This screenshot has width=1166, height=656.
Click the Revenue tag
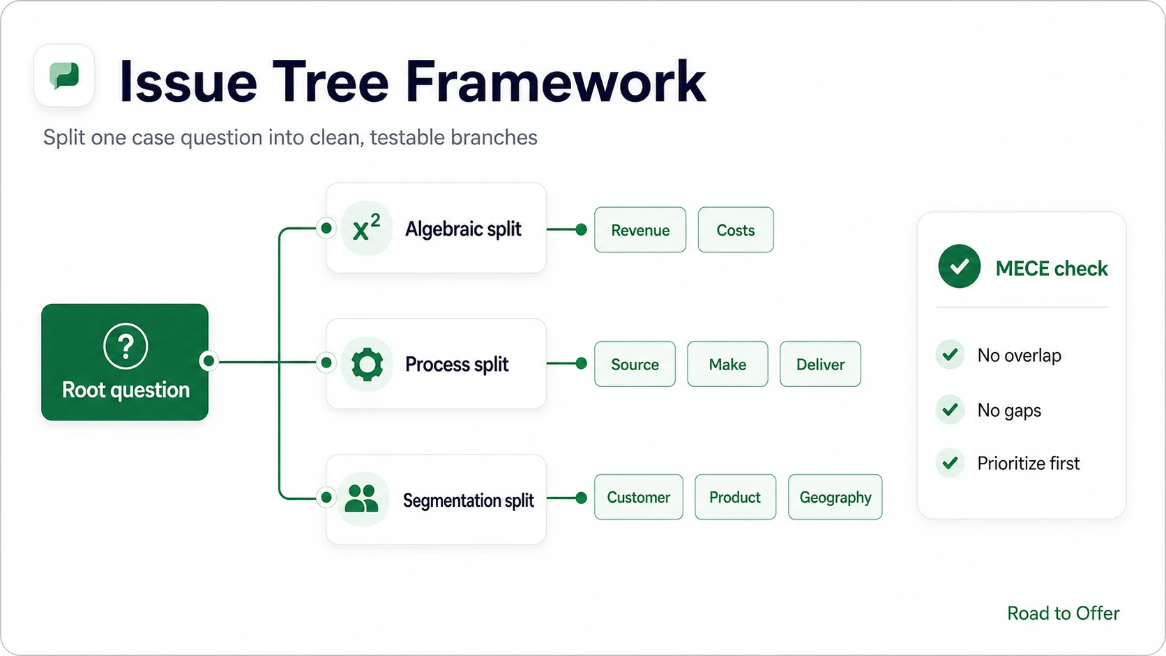point(639,230)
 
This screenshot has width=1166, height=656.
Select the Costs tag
point(736,230)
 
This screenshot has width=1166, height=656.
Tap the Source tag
point(635,364)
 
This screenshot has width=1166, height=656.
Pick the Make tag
point(727,364)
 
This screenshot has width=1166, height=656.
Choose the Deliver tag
point(820,364)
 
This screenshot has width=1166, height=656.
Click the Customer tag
point(638,497)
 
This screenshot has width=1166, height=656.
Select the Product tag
point(735,497)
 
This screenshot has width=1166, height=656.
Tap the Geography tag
point(835,497)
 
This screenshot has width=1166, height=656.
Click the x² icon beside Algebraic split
point(366,229)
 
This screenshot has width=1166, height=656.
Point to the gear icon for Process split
point(367,364)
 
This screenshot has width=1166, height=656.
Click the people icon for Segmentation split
point(362,499)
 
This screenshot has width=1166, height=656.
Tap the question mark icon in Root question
point(126,346)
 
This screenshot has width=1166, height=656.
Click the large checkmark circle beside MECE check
point(960,266)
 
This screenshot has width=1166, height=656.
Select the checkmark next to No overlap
point(950,355)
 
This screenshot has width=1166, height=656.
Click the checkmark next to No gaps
point(950,410)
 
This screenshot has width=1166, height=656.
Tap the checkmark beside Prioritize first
point(950,463)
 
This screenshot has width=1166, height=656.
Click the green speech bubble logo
point(64,75)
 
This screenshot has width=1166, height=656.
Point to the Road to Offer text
point(1063,613)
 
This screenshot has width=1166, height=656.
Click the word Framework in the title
point(555,82)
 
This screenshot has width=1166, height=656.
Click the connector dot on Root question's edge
point(209,360)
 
